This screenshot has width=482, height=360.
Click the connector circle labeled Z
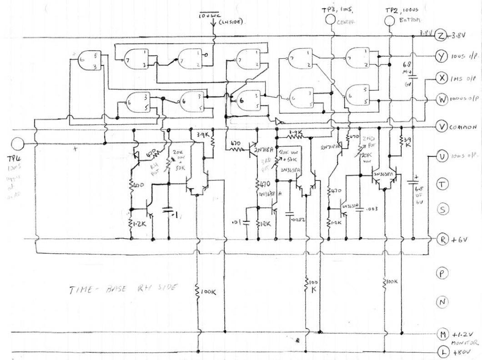coord(440,35)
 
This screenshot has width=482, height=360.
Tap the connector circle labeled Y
coord(440,56)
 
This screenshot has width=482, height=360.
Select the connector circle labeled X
coord(440,78)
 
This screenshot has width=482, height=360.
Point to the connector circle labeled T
coord(440,184)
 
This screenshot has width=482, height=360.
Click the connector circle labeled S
coord(440,209)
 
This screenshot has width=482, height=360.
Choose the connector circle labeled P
coord(440,273)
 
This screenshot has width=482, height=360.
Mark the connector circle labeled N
coord(440,301)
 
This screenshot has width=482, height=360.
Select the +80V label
coord(460,352)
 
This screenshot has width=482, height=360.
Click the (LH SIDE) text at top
coord(232,22)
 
